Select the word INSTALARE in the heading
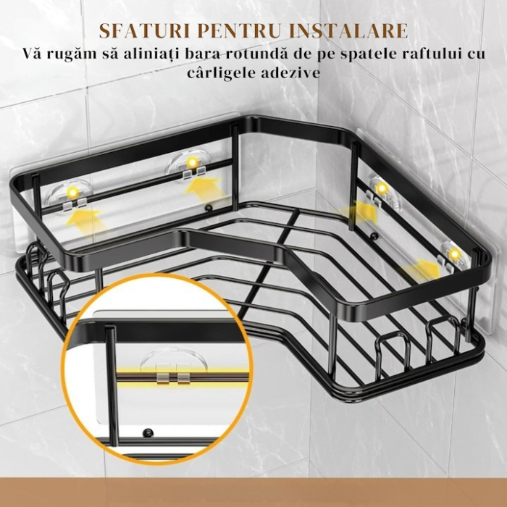353,31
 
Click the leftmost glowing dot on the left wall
73,193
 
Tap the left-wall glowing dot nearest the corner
192,161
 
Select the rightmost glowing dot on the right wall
454,254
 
